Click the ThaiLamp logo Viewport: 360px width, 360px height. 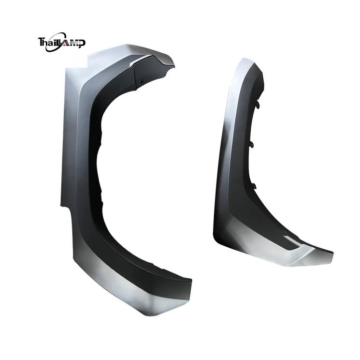[x=61, y=42]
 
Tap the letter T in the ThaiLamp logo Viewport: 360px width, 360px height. [x=41, y=42]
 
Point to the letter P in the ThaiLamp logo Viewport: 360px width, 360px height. [x=82, y=44]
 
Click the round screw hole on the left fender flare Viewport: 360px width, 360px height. [x=142, y=81]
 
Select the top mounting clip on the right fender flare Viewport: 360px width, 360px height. [x=258, y=105]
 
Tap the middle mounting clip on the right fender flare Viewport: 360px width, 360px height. [x=252, y=145]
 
